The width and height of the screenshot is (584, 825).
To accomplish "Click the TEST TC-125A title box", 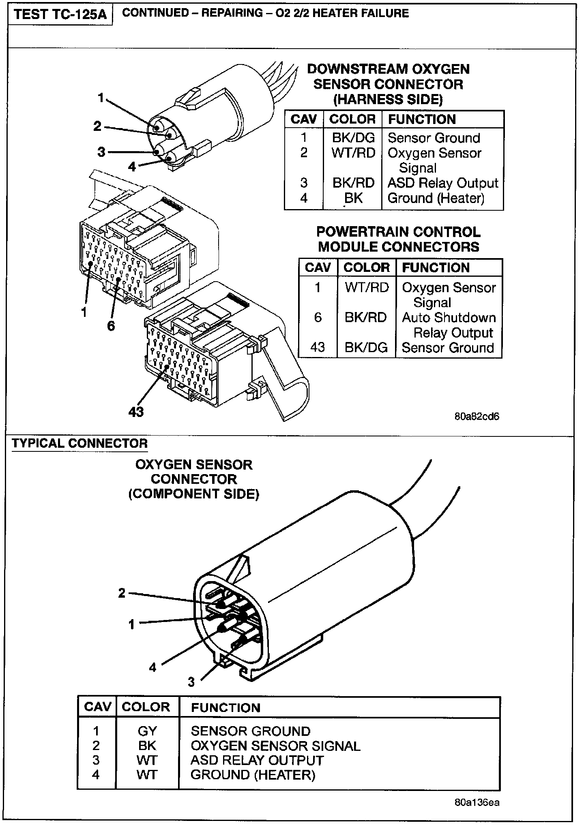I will point(60,15).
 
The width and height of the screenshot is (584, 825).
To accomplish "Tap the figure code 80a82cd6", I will point(477,417).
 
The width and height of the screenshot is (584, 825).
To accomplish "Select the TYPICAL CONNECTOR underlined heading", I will point(79,443).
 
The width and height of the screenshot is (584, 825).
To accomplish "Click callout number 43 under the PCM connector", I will point(136,412).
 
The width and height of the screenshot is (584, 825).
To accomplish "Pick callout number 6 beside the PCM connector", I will point(111,325).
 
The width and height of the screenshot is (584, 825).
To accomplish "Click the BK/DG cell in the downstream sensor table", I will point(353,138).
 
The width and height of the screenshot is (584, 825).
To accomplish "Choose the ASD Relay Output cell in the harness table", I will point(442,183).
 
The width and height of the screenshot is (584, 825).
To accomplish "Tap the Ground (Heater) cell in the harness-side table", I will point(436,198).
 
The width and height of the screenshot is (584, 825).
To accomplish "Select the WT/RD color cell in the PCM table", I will point(367,287).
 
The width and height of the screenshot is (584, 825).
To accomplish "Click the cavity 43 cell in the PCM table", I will point(318,348).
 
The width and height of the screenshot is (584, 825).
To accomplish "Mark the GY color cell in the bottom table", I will point(147,731).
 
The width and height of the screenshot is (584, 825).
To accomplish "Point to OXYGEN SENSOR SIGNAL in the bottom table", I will point(275,746).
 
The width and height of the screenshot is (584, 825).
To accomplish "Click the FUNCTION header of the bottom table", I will point(225,707).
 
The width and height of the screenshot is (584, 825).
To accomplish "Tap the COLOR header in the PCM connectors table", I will point(366,268).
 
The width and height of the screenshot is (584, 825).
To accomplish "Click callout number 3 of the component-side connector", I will point(191,682).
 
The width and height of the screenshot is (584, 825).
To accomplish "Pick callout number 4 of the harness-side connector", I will point(132,167).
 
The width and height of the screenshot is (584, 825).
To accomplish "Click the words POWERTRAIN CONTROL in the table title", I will point(398,232).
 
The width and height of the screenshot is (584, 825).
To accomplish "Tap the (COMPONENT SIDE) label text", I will point(193,494).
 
